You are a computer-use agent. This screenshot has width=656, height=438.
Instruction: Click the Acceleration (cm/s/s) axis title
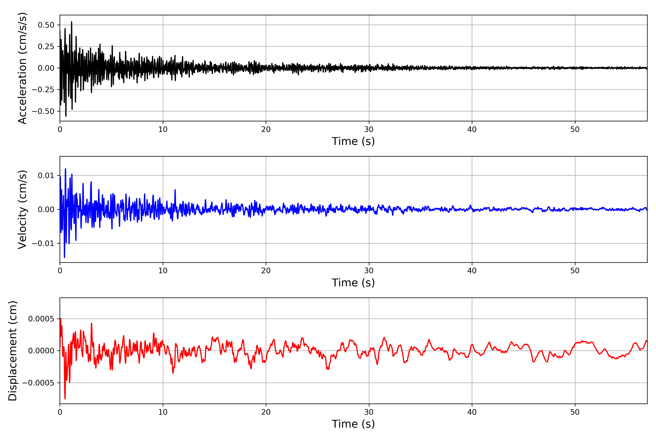coord(22,68)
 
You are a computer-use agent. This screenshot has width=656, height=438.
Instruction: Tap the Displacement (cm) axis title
coord(13,351)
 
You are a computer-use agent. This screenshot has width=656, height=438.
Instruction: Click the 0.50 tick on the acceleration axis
coord(46,25)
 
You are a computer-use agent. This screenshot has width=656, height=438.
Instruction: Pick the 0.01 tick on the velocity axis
coord(46,176)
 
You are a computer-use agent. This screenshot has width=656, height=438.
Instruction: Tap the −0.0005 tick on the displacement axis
coord(38,383)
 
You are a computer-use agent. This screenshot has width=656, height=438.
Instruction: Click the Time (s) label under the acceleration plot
coord(353,141)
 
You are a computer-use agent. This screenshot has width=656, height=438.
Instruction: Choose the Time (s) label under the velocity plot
coord(353,283)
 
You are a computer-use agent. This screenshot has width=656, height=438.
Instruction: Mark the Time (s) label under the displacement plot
coord(353,424)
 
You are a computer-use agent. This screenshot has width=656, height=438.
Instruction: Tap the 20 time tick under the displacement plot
coord(266,412)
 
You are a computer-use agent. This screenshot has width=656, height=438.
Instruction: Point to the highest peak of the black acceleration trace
coord(72,22)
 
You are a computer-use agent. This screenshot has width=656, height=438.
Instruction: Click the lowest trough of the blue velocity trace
coord(65,258)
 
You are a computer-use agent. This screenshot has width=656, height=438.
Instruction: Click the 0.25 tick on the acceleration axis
coord(46,47)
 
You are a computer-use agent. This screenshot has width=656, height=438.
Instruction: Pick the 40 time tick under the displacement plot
coord(472,412)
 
